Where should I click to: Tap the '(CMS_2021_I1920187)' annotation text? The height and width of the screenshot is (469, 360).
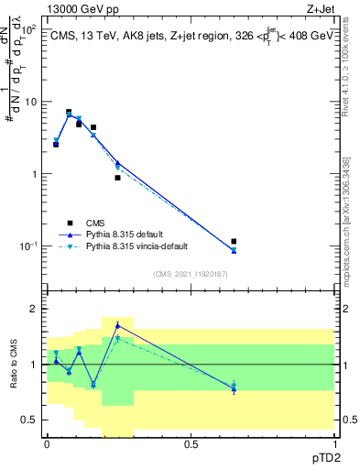pyautogui.click(x=190, y=274)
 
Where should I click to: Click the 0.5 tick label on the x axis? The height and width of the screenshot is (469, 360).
pyautogui.click(x=191, y=444)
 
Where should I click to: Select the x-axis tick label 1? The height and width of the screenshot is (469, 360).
pyautogui.click(x=333, y=444)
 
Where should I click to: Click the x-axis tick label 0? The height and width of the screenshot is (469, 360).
pyautogui.click(x=47, y=444)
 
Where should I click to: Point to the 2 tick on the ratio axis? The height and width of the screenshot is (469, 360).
pyautogui.click(x=34, y=309)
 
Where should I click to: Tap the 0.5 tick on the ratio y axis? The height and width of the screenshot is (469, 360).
pyautogui.click(x=30, y=420)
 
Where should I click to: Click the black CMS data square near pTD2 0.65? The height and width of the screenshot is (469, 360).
pyautogui.click(x=234, y=242)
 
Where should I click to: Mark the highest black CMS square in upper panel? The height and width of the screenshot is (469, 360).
pyautogui.click(x=68, y=112)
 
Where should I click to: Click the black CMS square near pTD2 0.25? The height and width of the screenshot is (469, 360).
pyautogui.click(x=117, y=178)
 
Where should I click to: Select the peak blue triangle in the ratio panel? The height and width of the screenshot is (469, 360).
pyautogui.click(x=117, y=325)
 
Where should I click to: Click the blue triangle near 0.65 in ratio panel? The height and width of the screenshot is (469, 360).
pyautogui.click(x=234, y=389)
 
